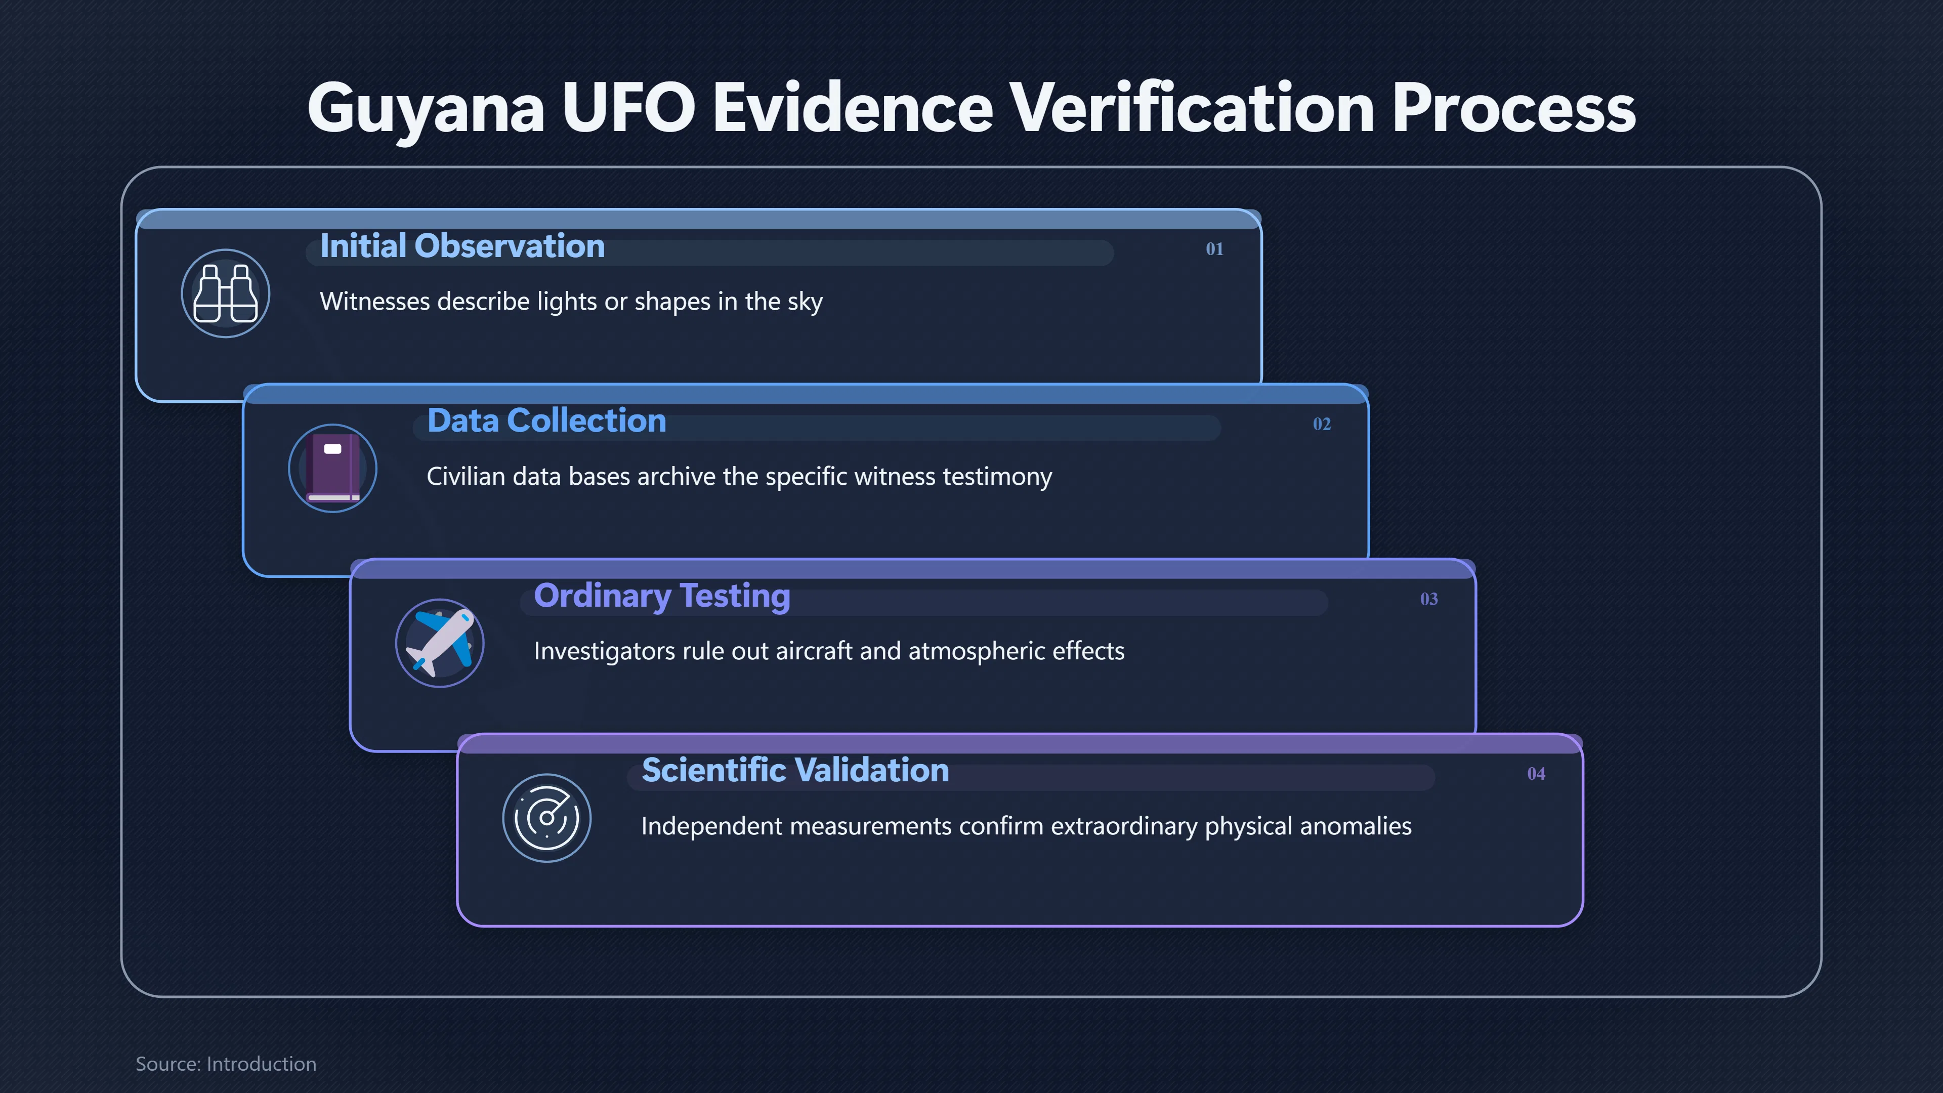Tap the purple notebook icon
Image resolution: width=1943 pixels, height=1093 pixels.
[x=332, y=468]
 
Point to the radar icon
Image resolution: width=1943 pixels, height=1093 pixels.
[x=547, y=818]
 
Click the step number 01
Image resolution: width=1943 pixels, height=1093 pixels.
[x=1214, y=249]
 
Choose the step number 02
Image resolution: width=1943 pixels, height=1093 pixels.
[x=1322, y=424]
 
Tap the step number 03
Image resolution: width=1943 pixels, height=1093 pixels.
[x=1428, y=599]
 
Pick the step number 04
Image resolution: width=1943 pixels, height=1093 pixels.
[x=1536, y=774]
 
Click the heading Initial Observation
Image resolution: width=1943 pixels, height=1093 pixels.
[x=462, y=246]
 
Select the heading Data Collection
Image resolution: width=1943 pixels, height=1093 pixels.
[x=547, y=421]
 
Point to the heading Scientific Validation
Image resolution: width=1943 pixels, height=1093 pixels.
[x=795, y=770]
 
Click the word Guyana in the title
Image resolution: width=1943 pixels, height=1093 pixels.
[x=426, y=109]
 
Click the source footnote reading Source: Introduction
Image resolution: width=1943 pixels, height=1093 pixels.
[x=226, y=1064]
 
